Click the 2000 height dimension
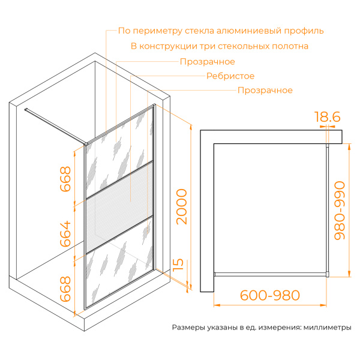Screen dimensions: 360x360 [181, 206]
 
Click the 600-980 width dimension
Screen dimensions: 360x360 [269, 295]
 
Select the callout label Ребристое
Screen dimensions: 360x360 [230, 76]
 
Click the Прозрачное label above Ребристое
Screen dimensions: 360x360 [207, 62]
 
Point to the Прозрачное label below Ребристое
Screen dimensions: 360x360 [265, 91]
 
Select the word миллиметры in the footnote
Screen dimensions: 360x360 [327, 328]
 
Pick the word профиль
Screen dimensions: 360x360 [305, 31]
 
